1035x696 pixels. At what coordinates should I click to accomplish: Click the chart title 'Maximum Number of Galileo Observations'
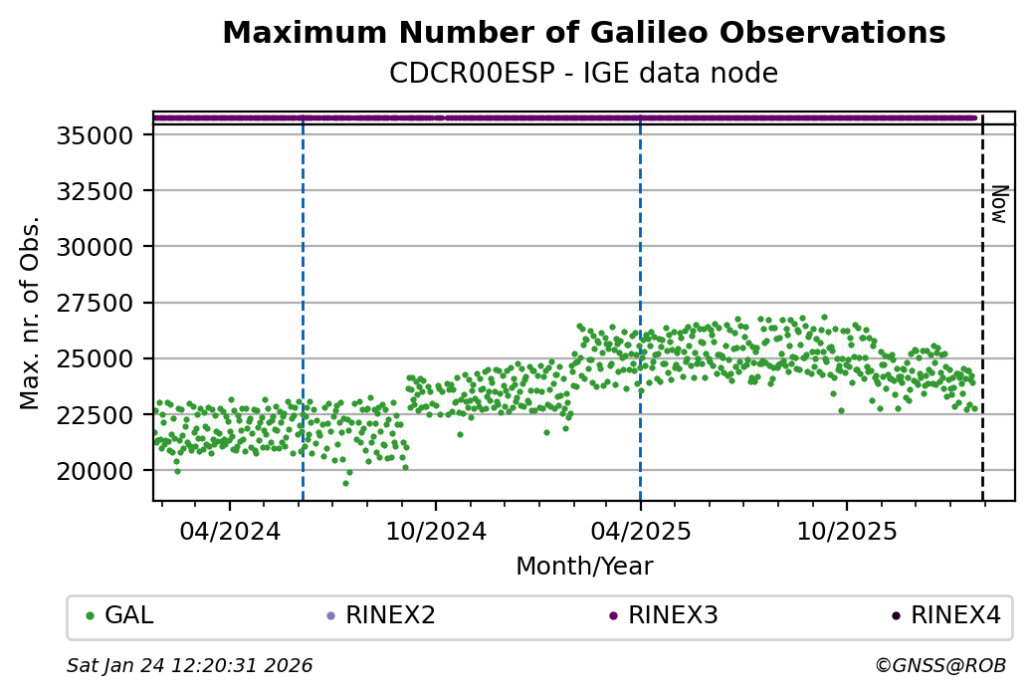pyautogui.click(x=583, y=33)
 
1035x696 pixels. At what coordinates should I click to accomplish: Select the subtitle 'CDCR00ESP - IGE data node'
pyautogui.click(x=583, y=73)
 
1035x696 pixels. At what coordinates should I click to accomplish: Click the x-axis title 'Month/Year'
pyautogui.click(x=584, y=567)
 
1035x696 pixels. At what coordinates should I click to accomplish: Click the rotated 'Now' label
pyautogui.click(x=999, y=204)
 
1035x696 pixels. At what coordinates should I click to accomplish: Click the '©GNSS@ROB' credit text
pyautogui.click(x=940, y=665)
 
